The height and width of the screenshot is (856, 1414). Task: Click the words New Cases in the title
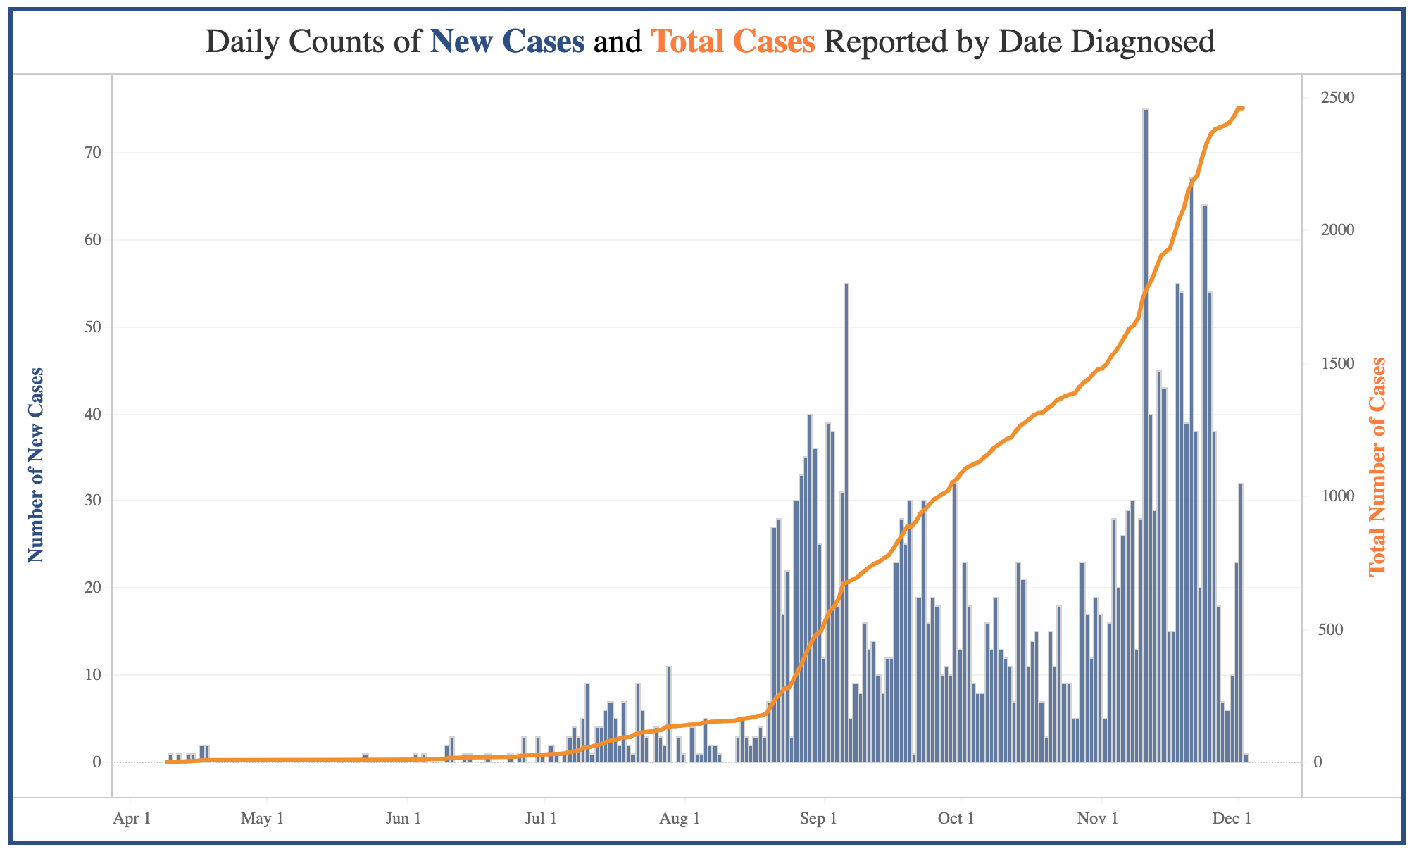(x=507, y=42)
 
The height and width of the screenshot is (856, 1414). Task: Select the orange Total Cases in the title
(x=733, y=42)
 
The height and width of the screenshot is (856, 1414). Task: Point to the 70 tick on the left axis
(x=93, y=153)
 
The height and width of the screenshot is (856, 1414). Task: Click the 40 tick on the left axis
(x=93, y=415)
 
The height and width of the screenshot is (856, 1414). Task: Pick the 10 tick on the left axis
(x=93, y=676)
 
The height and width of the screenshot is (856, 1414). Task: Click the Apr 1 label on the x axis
(x=131, y=819)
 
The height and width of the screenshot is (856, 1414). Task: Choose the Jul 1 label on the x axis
(x=542, y=819)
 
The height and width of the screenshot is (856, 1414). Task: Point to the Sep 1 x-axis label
(x=819, y=819)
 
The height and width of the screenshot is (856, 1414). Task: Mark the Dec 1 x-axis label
(x=1234, y=819)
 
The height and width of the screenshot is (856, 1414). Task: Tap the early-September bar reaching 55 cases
(x=846, y=521)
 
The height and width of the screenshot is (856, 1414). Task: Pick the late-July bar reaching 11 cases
(x=669, y=715)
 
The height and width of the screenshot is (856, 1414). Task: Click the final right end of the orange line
(x=1243, y=108)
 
